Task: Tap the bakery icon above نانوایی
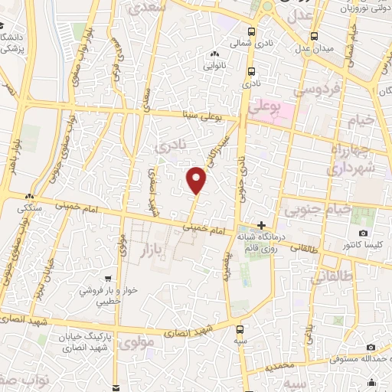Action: [x=214, y=54]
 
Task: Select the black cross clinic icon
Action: [x=262, y=225]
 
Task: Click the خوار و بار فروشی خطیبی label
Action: [x=107, y=296]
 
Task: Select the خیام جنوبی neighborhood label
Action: [x=318, y=207]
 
